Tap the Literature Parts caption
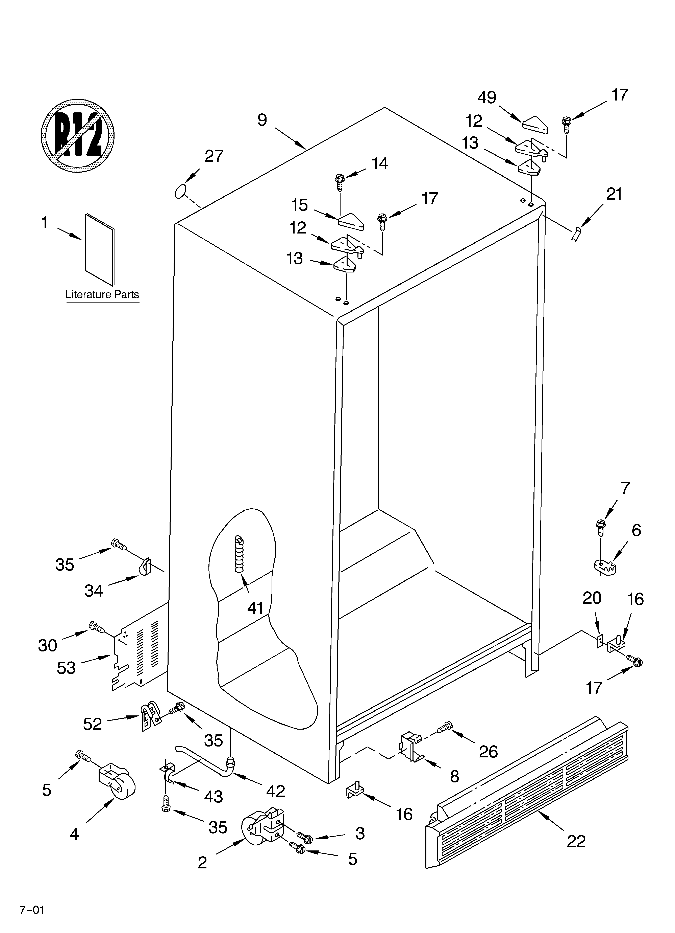point(102,294)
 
